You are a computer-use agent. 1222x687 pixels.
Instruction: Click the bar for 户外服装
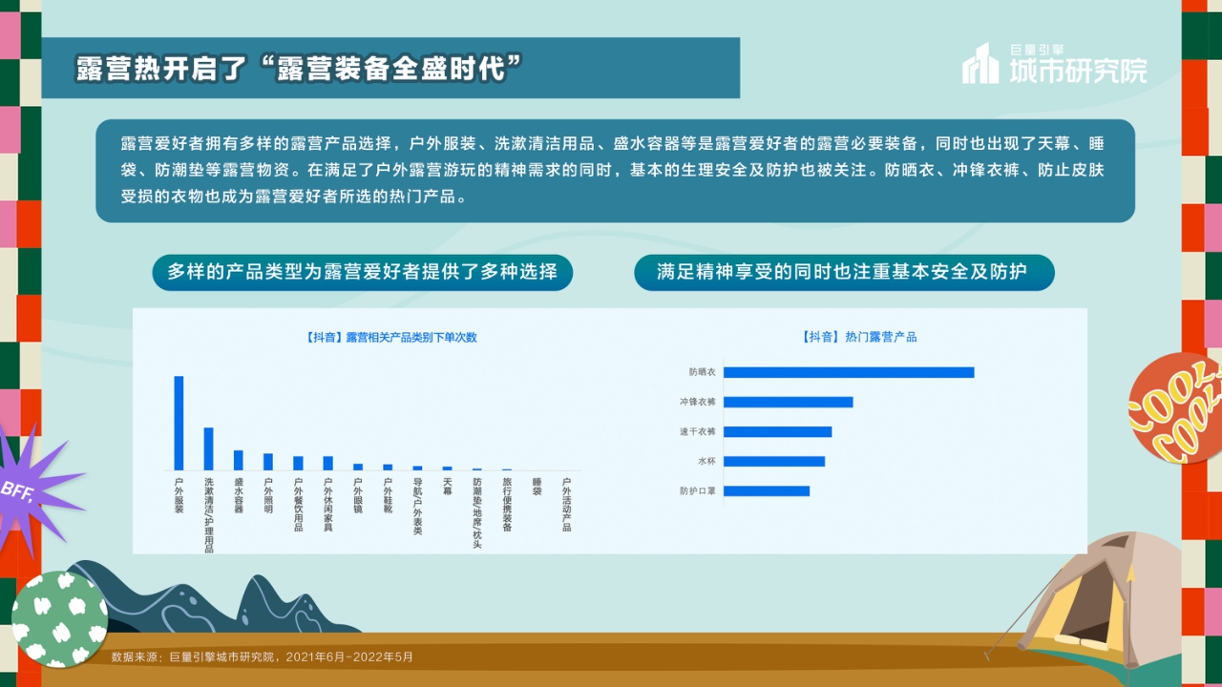[x=179, y=423]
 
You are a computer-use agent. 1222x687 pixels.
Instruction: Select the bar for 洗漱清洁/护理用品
[x=208, y=448]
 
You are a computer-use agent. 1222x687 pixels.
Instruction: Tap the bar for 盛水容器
[x=239, y=460]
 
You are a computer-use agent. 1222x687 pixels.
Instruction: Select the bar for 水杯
[x=774, y=462]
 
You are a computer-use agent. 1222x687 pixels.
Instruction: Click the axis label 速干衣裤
[x=698, y=432]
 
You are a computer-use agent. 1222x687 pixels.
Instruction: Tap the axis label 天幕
[x=447, y=487]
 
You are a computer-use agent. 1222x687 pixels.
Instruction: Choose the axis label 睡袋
[x=537, y=487]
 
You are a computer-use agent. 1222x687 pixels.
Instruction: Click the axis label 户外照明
[x=268, y=496]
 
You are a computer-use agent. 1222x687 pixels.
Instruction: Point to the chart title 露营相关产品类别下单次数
[x=391, y=338]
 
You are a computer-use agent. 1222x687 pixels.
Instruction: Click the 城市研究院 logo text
[x=1079, y=70]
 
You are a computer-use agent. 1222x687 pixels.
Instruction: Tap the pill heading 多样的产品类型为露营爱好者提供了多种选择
[x=362, y=272]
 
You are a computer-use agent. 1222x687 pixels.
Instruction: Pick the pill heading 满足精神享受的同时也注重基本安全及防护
[x=843, y=272]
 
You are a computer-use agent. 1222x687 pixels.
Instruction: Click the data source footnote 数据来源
[x=263, y=656]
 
